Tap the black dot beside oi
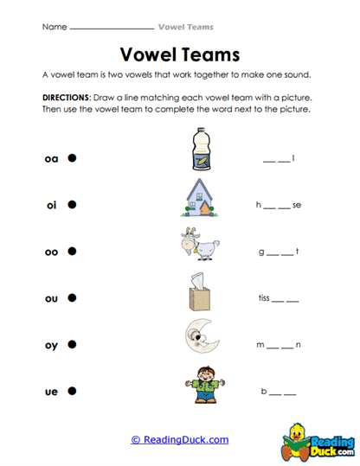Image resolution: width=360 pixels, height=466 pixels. click(x=73, y=205)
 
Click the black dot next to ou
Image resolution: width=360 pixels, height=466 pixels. click(x=73, y=298)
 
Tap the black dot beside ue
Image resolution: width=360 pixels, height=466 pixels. click(x=73, y=392)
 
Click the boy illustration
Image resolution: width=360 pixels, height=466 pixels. click(x=199, y=386)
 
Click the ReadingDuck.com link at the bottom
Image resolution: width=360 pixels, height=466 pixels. click(x=179, y=440)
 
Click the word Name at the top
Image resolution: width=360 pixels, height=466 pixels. click(x=54, y=27)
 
